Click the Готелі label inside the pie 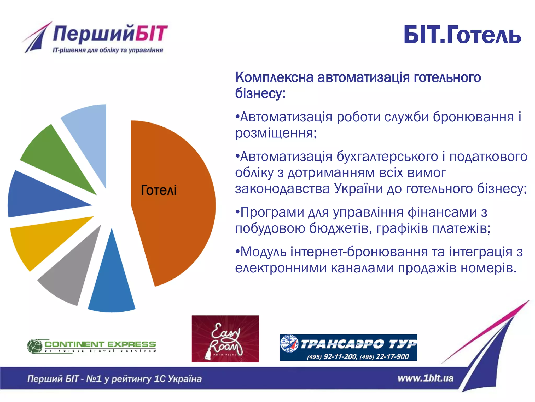(159, 190)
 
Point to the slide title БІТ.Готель (462, 35)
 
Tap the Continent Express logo (91, 346)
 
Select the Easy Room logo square (225, 339)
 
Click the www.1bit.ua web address (425, 378)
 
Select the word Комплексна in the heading (274, 77)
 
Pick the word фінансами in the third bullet (442, 212)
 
